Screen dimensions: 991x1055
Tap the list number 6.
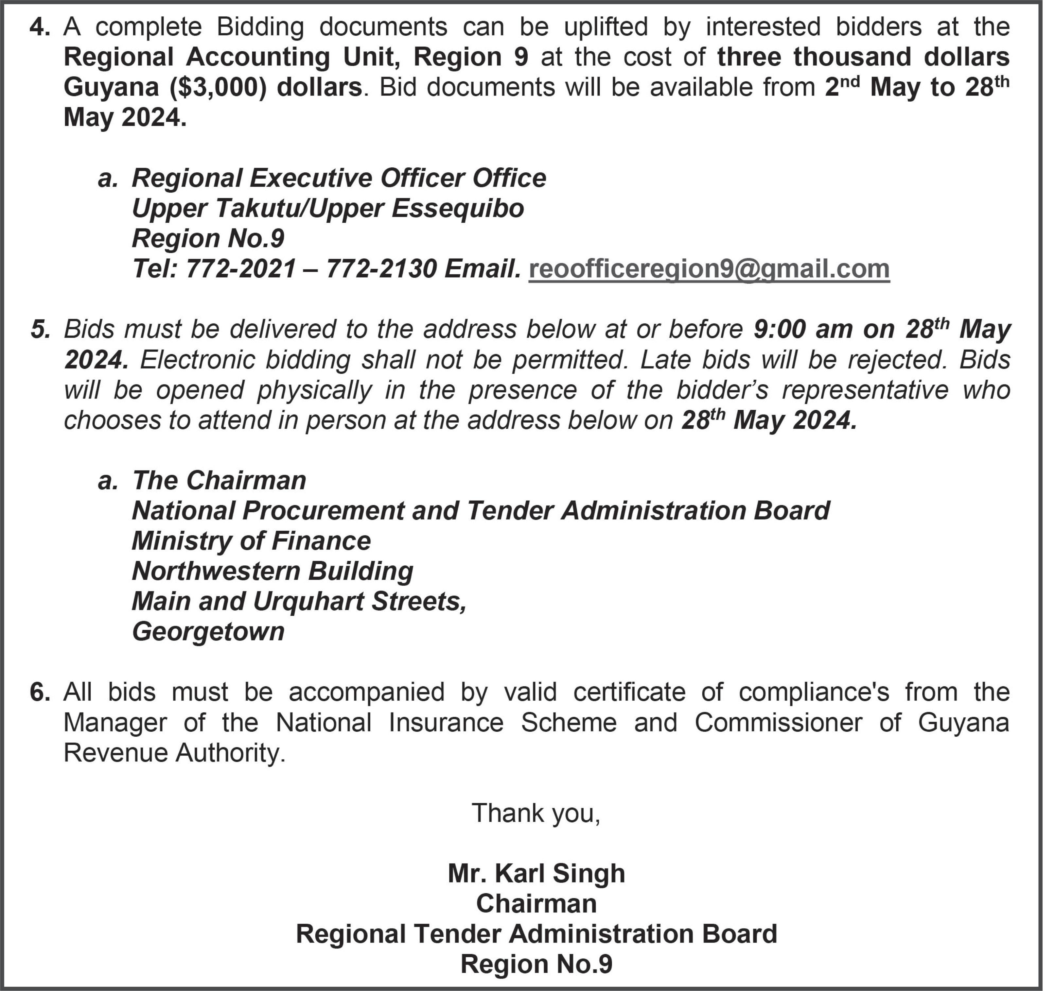40,692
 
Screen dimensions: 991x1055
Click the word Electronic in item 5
196,360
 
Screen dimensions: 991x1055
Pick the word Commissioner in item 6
779,723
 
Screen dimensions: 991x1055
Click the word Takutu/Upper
260,209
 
